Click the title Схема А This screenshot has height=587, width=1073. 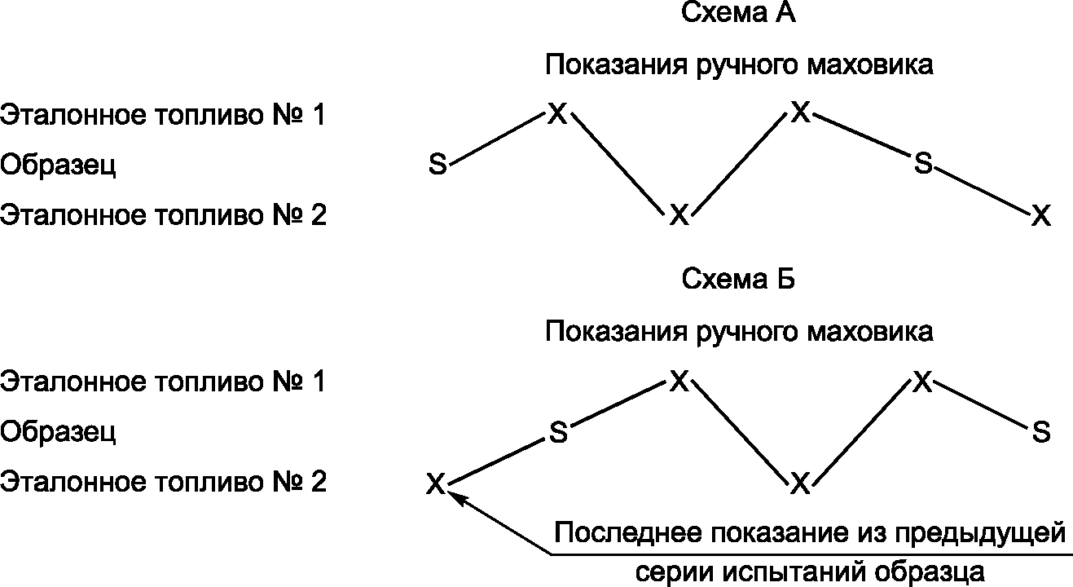[x=738, y=12]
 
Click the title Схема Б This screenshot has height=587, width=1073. [x=738, y=279]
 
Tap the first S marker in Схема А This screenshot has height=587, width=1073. [x=438, y=164]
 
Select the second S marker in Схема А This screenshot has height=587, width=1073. [x=923, y=162]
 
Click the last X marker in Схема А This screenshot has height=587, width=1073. [x=1041, y=215]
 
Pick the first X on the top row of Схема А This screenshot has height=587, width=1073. [x=557, y=113]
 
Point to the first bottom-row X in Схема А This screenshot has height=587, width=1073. [x=679, y=214]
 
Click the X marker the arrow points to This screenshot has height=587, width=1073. [x=436, y=483]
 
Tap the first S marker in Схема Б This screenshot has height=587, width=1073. [x=558, y=432]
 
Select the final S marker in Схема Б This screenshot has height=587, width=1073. [x=1041, y=431]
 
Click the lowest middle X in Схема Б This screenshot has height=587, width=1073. [x=800, y=483]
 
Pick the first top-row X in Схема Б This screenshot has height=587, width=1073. [x=679, y=381]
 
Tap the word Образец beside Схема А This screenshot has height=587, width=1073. [x=58, y=166]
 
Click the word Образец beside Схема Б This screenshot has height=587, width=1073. [x=58, y=432]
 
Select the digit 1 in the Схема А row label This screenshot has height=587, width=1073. [x=318, y=115]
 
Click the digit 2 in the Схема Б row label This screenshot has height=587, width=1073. [x=319, y=482]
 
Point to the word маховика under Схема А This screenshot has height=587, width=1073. [x=870, y=65]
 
